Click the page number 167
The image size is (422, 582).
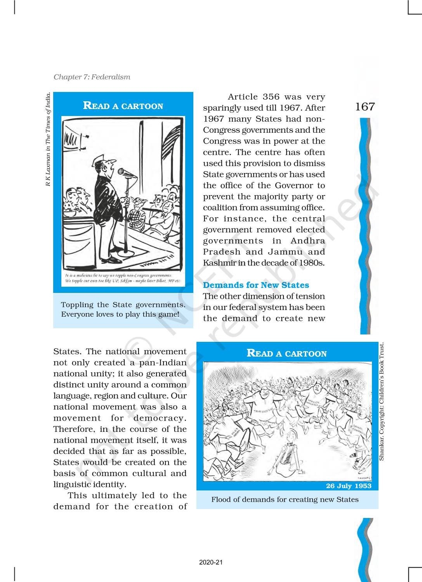[365, 107]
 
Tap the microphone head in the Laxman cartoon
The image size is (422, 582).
[122, 171]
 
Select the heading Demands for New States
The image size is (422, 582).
[256, 285]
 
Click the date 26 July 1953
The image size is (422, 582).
[348, 486]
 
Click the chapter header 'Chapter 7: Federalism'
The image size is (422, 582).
[92, 77]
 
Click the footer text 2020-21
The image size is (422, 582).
[211, 563]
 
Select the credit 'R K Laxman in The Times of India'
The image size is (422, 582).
[48, 139]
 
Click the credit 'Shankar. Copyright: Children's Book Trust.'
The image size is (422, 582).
[381, 401]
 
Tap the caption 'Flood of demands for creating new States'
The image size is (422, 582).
[285, 499]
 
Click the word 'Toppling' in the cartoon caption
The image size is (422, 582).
[77, 305]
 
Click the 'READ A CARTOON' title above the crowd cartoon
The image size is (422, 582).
[287, 353]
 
